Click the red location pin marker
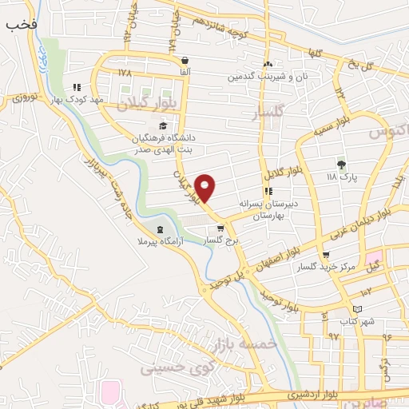205,187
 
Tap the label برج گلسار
223,240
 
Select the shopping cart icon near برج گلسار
220,228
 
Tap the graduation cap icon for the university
164,125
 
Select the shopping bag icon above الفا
185,60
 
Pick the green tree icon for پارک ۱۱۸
342,164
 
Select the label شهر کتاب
358,320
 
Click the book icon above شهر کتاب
357,308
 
